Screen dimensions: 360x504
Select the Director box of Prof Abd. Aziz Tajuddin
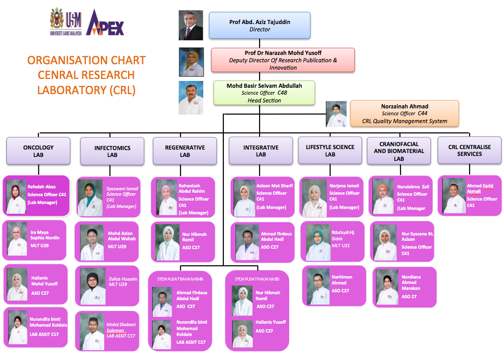coord(260,26)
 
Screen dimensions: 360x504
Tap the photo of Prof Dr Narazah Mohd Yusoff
coord(191,61)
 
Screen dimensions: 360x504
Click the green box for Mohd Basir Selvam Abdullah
coord(264,93)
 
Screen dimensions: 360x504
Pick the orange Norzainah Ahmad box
coord(404,113)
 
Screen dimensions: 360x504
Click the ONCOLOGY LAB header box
coord(38,151)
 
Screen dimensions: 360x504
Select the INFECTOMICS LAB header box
coord(112,151)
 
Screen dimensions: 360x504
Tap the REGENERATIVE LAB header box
coord(185,151)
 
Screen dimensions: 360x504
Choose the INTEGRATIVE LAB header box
coord(261,151)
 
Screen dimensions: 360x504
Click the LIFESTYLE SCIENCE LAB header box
coord(330,151)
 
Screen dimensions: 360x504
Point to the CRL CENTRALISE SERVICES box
coord(469,150)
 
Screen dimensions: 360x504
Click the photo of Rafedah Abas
coord(16,196)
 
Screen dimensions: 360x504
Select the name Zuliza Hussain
coord(123,279)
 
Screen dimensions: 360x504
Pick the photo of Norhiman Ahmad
coord(318,286)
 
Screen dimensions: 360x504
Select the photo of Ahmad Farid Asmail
coord(454,196)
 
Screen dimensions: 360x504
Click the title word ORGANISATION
coord(61,60)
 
